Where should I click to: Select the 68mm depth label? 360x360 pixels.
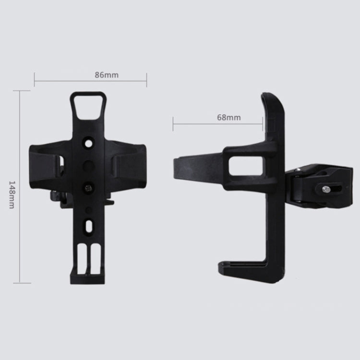tap(228, 117)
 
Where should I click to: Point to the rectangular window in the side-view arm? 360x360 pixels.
tap(246, 166)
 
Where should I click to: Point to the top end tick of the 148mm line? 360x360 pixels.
tap(20, 90)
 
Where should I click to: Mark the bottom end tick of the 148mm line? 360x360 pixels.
tap(20, 283)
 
